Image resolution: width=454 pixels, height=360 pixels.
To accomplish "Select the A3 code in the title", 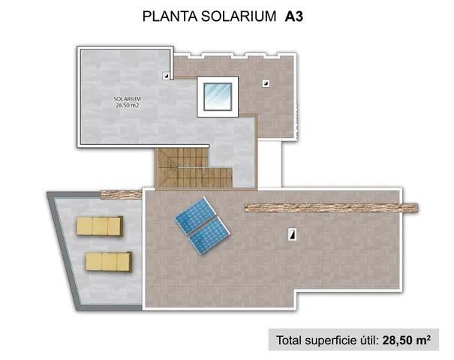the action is coord(294,16).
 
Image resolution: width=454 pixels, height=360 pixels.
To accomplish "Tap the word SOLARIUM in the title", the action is coord(239,16).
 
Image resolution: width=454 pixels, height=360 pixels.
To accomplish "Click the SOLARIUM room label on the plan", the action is coord(127,99).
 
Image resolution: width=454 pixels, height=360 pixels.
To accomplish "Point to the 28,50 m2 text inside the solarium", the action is coord(128,106).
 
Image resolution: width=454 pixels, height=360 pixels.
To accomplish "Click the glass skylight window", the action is coord(218,97).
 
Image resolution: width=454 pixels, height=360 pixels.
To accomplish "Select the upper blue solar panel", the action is coord(195,215).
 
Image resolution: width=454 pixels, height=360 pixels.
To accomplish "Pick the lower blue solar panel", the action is coord(209,235).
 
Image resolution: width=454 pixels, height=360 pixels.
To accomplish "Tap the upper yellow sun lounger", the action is coord(100,226).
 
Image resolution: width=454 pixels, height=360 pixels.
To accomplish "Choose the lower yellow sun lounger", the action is coord(109,262).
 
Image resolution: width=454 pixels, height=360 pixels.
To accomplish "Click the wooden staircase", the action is coord(194,168).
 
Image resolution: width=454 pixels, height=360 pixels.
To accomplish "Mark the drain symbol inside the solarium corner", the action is coord(166,76).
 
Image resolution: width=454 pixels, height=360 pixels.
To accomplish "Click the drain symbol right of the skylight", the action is coord(266,84).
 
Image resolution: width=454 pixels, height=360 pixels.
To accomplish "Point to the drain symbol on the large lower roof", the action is coord(293,234).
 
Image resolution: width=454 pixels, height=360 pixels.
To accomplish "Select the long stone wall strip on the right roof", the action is coord(331,208).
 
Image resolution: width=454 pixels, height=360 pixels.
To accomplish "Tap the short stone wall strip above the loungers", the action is coord(122,195).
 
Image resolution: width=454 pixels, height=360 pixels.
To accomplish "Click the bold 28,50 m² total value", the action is coord(406,340).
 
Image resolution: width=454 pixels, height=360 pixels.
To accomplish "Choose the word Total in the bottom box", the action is coord(289,340).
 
